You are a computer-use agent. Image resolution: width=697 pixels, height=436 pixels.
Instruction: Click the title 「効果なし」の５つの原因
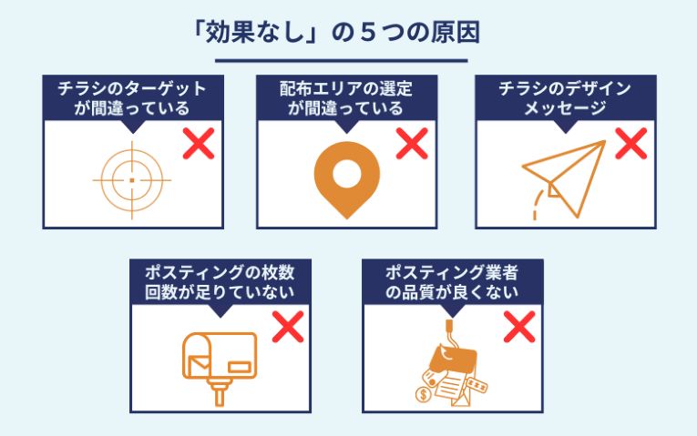pyautogui.click(x=336, y=34)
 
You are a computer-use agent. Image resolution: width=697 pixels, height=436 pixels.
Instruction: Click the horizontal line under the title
pyautogui.click(x=342, y=61)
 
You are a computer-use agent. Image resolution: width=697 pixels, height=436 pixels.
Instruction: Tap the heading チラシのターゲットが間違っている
pyautogui.click(x=132, y=98)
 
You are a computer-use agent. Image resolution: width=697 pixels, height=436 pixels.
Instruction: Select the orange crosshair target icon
pyautogui.click(x=131, y=180)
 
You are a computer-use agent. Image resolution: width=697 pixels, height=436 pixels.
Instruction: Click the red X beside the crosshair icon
pyautogui.click(x=199, y=144)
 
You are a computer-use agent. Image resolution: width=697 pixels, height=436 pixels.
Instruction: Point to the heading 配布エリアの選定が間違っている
pyautogui.click(x=346, y=98)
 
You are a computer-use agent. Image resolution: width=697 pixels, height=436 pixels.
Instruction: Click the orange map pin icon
pyautogui.click(x=347, y=180)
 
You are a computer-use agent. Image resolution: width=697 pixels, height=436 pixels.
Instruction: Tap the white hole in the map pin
pyautogui.click(x=347, y=174)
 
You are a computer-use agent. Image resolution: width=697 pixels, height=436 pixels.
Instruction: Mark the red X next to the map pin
pyautogui.click(x=412, y=144)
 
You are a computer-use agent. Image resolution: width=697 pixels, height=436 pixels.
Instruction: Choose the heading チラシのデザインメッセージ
pyautogui.click(x=565, y=98)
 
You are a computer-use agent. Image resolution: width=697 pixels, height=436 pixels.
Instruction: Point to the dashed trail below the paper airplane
pyautogui.click(x=537, y=205)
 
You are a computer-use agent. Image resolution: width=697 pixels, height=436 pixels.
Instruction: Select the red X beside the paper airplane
pyautogui.click(x=631, y=144)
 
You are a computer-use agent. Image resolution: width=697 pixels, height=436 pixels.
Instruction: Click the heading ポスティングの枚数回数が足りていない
pyautogui.click(x=220, y=282)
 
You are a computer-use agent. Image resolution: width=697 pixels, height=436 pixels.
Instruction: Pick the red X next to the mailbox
pyautogui.click(x=288, y=327)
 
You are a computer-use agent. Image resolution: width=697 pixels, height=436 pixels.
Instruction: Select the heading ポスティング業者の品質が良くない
pyautogui.click(x=452, y=282)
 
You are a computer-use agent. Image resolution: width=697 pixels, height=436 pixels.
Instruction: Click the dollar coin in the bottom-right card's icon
pyautogui.click(x=423, y=394)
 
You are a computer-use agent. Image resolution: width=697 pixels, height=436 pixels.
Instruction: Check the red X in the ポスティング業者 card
pyautogui.click(x=519, y=327)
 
